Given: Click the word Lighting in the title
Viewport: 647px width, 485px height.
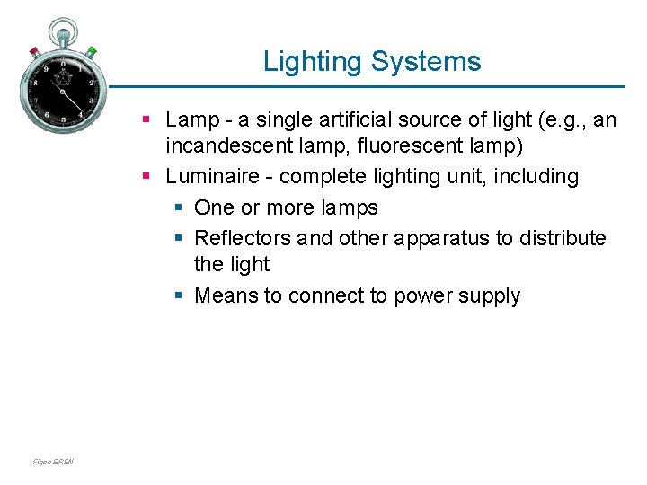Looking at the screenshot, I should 311,62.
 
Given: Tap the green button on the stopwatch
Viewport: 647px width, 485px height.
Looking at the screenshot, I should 91,52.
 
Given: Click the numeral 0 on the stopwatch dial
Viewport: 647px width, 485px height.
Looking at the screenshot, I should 63,62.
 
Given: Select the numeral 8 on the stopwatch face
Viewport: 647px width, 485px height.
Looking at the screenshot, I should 35,83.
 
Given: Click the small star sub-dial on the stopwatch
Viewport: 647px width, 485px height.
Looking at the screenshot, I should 64,79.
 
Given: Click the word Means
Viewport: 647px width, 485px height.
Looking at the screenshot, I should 226,295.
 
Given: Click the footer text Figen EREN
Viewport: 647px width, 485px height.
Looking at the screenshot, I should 53,463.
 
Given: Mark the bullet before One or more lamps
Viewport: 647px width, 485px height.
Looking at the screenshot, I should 180,208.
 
